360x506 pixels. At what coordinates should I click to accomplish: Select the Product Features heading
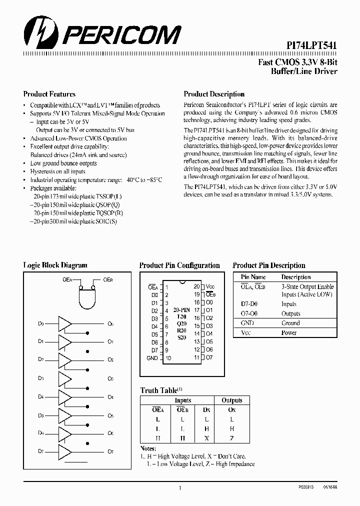49,94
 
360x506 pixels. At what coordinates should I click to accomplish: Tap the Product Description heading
214,94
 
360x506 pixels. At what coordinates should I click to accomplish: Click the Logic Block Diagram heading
55,265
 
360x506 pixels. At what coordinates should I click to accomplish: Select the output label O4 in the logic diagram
110,397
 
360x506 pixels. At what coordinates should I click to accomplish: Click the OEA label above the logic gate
67,280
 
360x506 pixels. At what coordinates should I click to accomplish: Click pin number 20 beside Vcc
196,286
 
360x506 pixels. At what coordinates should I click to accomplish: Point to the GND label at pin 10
152,358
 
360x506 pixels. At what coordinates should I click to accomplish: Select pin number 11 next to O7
196,357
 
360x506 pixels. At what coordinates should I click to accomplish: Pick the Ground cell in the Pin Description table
290,323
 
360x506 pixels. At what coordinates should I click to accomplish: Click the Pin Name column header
253,277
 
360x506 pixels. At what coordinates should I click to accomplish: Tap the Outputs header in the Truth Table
231,400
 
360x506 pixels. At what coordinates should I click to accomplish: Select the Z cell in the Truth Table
231,438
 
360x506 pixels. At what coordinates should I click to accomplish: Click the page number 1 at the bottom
179,487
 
